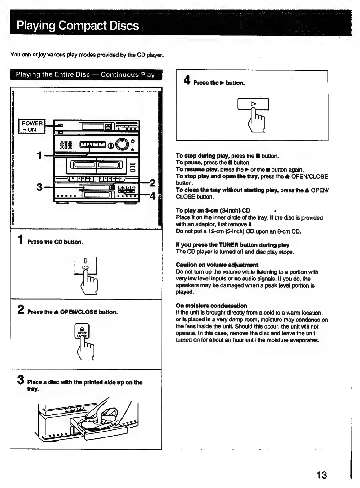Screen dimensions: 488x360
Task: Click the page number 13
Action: coord(322,475)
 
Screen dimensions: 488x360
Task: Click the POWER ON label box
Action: coord(32,126)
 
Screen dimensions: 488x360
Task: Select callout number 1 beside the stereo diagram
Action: coord(39,155)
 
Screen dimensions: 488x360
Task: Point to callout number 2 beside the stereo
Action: coord(152,183)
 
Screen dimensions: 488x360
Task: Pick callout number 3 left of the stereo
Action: coord(39,187)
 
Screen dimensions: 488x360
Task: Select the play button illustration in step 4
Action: coord(253,104)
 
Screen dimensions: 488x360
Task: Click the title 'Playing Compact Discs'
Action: coord(78,25)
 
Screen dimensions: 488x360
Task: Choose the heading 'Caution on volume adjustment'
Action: coord(217,265)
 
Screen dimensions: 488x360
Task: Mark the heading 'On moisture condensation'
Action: coord(211,306)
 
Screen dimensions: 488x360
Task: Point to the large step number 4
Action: coord(187,80)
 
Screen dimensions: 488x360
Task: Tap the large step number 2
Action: coord(20,309)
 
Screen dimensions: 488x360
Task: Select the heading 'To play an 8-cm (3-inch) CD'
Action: coord(213,211)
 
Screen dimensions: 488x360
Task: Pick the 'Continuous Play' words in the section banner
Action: coord(128,75)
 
